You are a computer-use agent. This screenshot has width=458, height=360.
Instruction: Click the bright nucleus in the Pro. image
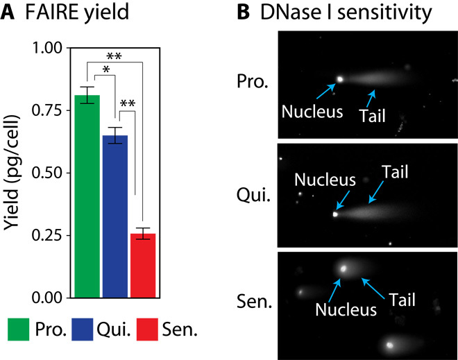pyautogui.click(x=339, y=80)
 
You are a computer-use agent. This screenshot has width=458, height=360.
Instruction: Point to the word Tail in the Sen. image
pyautogui.click(x=402, y=298)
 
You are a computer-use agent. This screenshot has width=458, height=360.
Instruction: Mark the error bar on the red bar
pyautogui.click(x=143, y=234)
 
